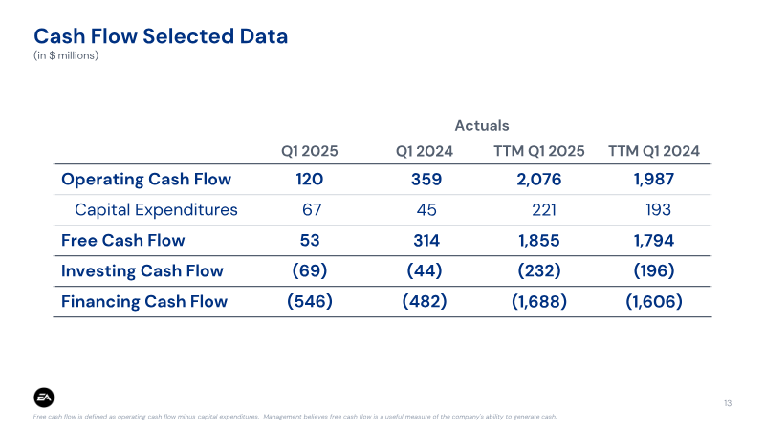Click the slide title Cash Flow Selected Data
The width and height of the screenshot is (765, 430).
(x=161, y=36)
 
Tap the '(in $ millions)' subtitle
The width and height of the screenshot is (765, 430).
(x=66, y=55)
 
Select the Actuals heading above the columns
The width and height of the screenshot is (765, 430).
(x=482, y=126)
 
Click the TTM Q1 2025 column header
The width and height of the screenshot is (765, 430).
(x=538, y=151)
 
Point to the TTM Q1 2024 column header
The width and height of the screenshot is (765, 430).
(x=654, y=151)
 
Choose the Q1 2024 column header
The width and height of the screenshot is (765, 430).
(x=424, y=151)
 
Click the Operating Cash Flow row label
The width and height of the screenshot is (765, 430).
(x=146, y=180)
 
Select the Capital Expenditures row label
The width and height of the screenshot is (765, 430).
(x=156, y=209)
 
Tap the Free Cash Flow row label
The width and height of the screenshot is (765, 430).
(x=123, y=241)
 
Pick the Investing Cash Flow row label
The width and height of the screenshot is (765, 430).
(x=142, y=270)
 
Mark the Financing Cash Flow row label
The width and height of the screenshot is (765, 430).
(x=144, y=301)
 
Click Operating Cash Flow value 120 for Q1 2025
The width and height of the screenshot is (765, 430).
(x=309, y=180)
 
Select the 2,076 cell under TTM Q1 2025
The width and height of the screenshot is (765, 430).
(x=539, y=180)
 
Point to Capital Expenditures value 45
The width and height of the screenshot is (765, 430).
(x=426, y=209)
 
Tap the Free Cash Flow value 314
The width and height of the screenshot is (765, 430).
(x=426, y=241)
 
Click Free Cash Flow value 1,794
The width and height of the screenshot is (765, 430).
(x=654, y=241)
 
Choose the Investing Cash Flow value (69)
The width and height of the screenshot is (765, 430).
(x=310, y=270)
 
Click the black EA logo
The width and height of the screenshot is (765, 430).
(x=44, y=398)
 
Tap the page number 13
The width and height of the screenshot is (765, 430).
(x=728, y=403)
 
